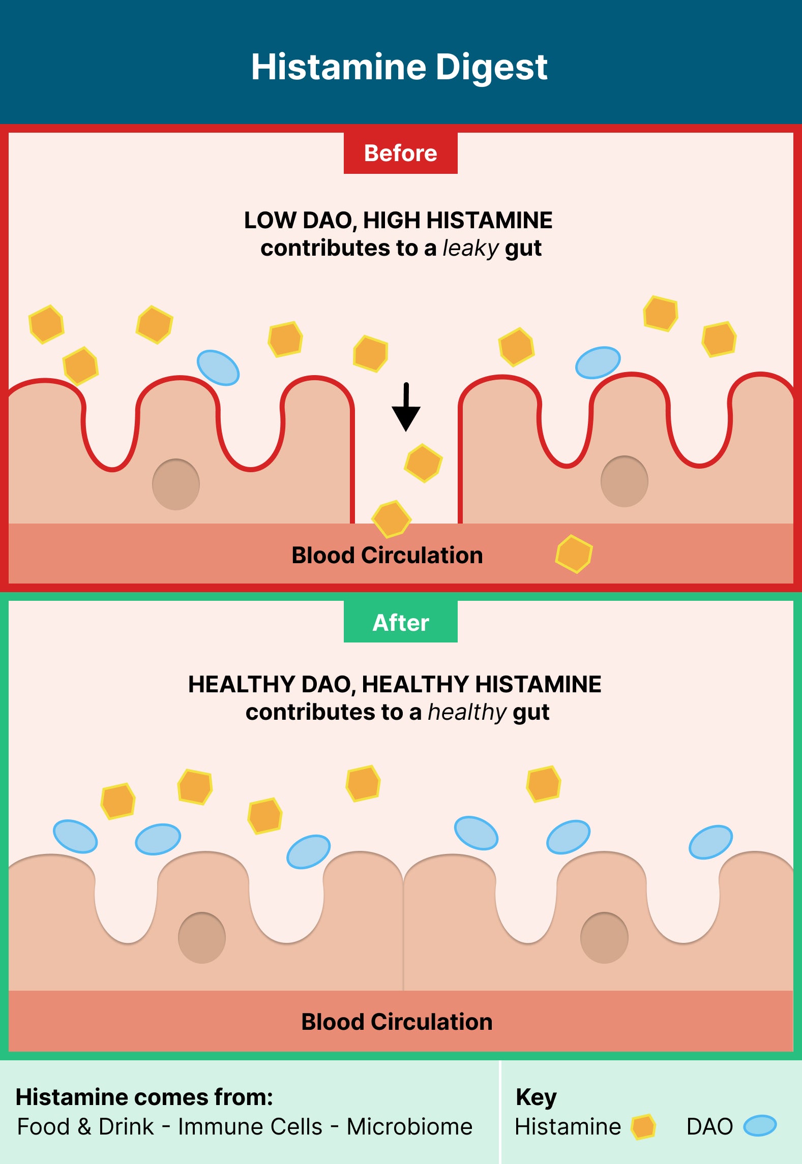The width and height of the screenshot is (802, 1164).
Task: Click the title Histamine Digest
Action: (x=399, y=67)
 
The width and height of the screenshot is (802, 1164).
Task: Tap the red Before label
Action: (x=400, y=153)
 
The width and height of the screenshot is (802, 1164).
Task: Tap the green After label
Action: (x=400, y=622)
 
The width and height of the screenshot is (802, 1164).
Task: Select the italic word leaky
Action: (x=470, y=249)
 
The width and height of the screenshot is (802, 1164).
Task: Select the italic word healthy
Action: (x=467, y=713)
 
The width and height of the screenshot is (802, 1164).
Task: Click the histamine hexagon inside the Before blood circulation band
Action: (x=574, y=554)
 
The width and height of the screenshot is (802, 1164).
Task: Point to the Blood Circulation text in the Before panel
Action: (x=387, y=555)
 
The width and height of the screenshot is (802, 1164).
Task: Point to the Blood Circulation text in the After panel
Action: (x=397, y=1022)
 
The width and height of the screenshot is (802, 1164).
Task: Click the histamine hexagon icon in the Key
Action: (x=643, y=1126)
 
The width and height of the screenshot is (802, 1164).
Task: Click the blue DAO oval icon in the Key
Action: (x=760, y=1125)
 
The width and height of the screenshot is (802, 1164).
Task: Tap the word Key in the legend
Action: (x=536, y=1097)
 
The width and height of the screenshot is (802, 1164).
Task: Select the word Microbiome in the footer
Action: (x=409, y=1126)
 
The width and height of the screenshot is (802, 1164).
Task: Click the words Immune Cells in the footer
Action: (x=250, y=1126)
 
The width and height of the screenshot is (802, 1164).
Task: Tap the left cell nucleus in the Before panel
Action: (x=176, y=484)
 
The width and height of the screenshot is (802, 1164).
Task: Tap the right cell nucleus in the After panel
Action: (x=604, y=938)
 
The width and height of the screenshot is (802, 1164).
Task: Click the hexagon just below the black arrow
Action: (x=423, y=463)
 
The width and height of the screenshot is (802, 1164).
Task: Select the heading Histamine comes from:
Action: (x=144, y=1097)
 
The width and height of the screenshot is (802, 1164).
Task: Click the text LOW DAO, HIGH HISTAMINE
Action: (x=398, y=221)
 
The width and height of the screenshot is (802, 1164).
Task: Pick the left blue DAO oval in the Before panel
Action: (x=218, y=367)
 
